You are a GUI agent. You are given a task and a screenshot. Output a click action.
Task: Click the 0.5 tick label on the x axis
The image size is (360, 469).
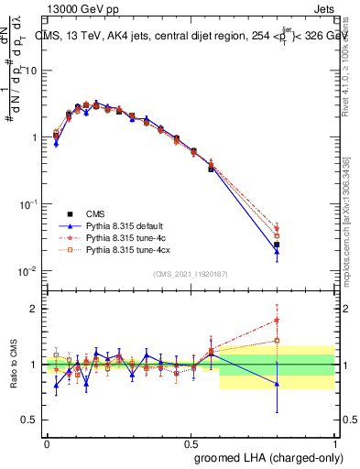tap(191, 442)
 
